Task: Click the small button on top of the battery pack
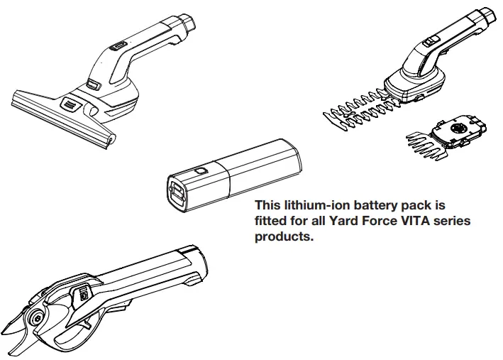coord(201,171)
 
